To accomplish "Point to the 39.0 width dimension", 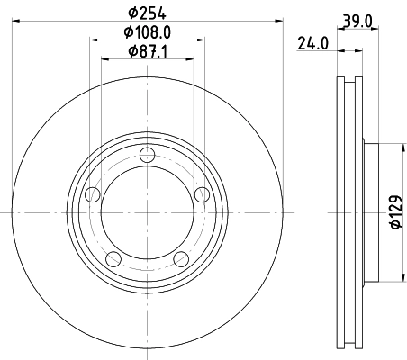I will (358, 20).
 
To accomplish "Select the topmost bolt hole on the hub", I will (147, 160).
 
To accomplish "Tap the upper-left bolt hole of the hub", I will (91, 195).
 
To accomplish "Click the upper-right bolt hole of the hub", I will (202, 194).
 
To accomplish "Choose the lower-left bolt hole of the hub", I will (113, 259).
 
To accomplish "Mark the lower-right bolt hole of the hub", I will (180, 259).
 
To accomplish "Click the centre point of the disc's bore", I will (147, 213).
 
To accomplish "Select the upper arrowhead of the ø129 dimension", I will (402, 143).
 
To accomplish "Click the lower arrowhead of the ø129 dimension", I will (402, 280).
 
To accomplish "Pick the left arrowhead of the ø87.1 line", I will (104, 58).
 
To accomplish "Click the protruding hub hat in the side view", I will (372, 212).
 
